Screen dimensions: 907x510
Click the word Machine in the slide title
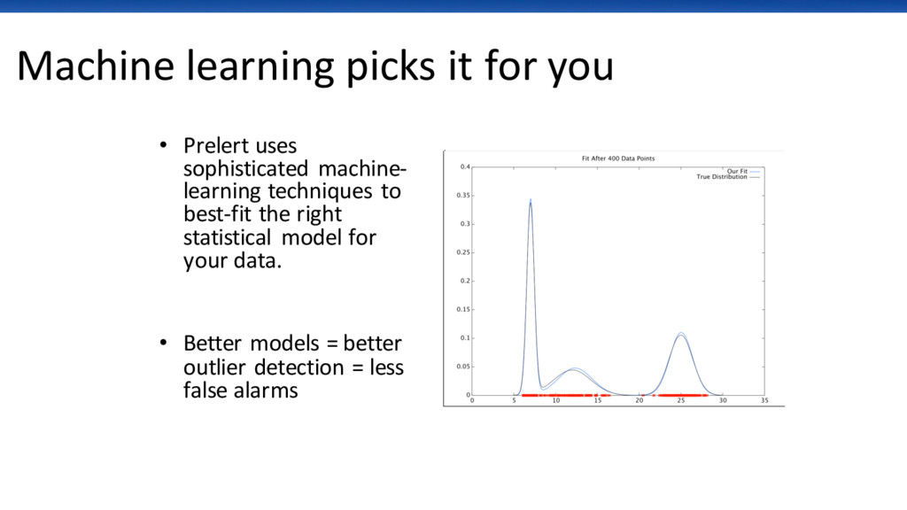tap(96, 66)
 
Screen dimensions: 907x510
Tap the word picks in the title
tap(391, 67)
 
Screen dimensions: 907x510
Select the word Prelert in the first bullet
tap(216, 146)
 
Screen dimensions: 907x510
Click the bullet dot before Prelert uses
tap(164, 145)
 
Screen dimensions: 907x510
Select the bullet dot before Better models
tap(164, 343)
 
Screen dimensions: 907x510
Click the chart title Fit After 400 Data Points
tap(617, 158)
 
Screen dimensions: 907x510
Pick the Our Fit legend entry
tap(743, 171)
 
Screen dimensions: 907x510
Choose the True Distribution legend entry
tap(728, 177)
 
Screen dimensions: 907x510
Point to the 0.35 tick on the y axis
tap(463, 196)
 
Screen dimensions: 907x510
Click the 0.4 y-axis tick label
tap(465, 166)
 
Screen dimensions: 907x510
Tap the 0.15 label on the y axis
tap(463, 309)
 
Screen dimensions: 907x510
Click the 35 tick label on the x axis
tap(764, 400)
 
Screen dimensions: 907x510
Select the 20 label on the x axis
tap(640, 400)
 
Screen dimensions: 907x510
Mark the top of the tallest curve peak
tap(531, 199)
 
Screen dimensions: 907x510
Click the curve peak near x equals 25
tap(681, 333)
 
